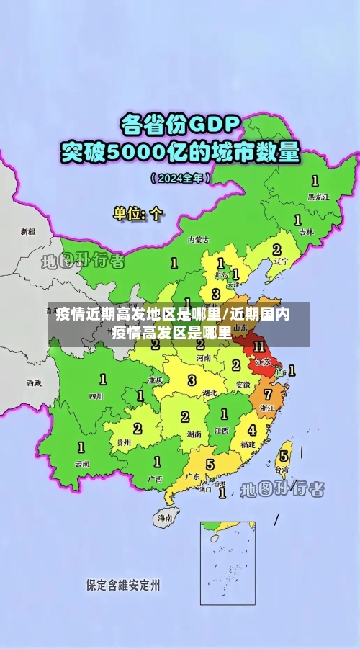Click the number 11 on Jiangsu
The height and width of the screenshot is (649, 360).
[260, 348]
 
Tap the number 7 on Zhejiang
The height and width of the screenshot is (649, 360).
[268, 395]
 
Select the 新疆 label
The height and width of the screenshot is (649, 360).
[28, 232]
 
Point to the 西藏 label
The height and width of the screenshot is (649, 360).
[34, 382]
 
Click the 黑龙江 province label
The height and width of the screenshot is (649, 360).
[318, 196]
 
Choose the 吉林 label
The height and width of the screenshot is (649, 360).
[306, 232]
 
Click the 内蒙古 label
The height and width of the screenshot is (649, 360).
[197, 240]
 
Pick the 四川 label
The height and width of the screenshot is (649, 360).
[96, 396]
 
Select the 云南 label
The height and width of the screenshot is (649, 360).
[82, 464]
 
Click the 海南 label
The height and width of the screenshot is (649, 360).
[165, 517]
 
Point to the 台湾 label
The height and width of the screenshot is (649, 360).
[284, 469]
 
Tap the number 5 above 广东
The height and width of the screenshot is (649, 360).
[210, 465]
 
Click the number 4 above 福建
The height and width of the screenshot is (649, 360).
[251, 431]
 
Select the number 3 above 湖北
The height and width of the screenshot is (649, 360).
[192, 380]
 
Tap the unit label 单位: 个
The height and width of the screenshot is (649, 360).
[138, 213]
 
